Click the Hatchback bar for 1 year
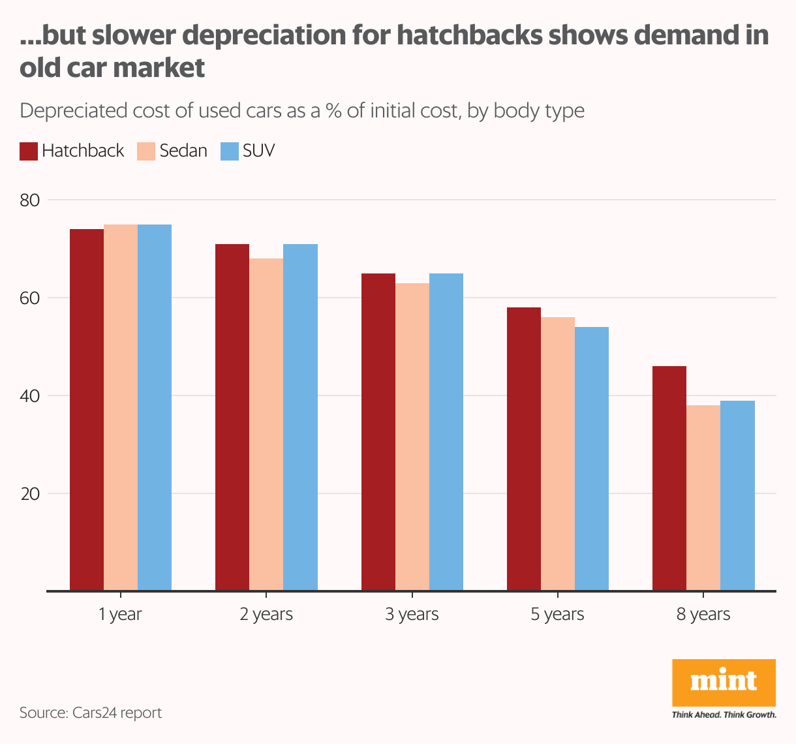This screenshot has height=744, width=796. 87,410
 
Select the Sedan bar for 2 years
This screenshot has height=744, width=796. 266,424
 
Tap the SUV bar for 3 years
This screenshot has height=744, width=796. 446,432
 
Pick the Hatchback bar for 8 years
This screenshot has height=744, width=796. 669,478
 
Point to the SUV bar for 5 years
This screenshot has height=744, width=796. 592,459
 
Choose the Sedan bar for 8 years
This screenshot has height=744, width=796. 703,498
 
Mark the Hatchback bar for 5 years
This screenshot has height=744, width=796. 524,449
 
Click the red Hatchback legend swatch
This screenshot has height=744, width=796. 28,151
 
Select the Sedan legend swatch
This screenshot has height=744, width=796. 146,151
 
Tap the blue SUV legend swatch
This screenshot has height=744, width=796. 230,151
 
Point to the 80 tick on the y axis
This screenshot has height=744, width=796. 30,200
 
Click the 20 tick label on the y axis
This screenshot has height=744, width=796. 30,494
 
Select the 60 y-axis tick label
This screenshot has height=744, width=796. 30,298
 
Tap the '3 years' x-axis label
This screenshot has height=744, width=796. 412,615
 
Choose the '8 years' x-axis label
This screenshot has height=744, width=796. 703,615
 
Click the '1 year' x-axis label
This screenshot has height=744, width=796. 120,615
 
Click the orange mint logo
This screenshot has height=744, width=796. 724,683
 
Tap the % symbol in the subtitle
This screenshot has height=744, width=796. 333,111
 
